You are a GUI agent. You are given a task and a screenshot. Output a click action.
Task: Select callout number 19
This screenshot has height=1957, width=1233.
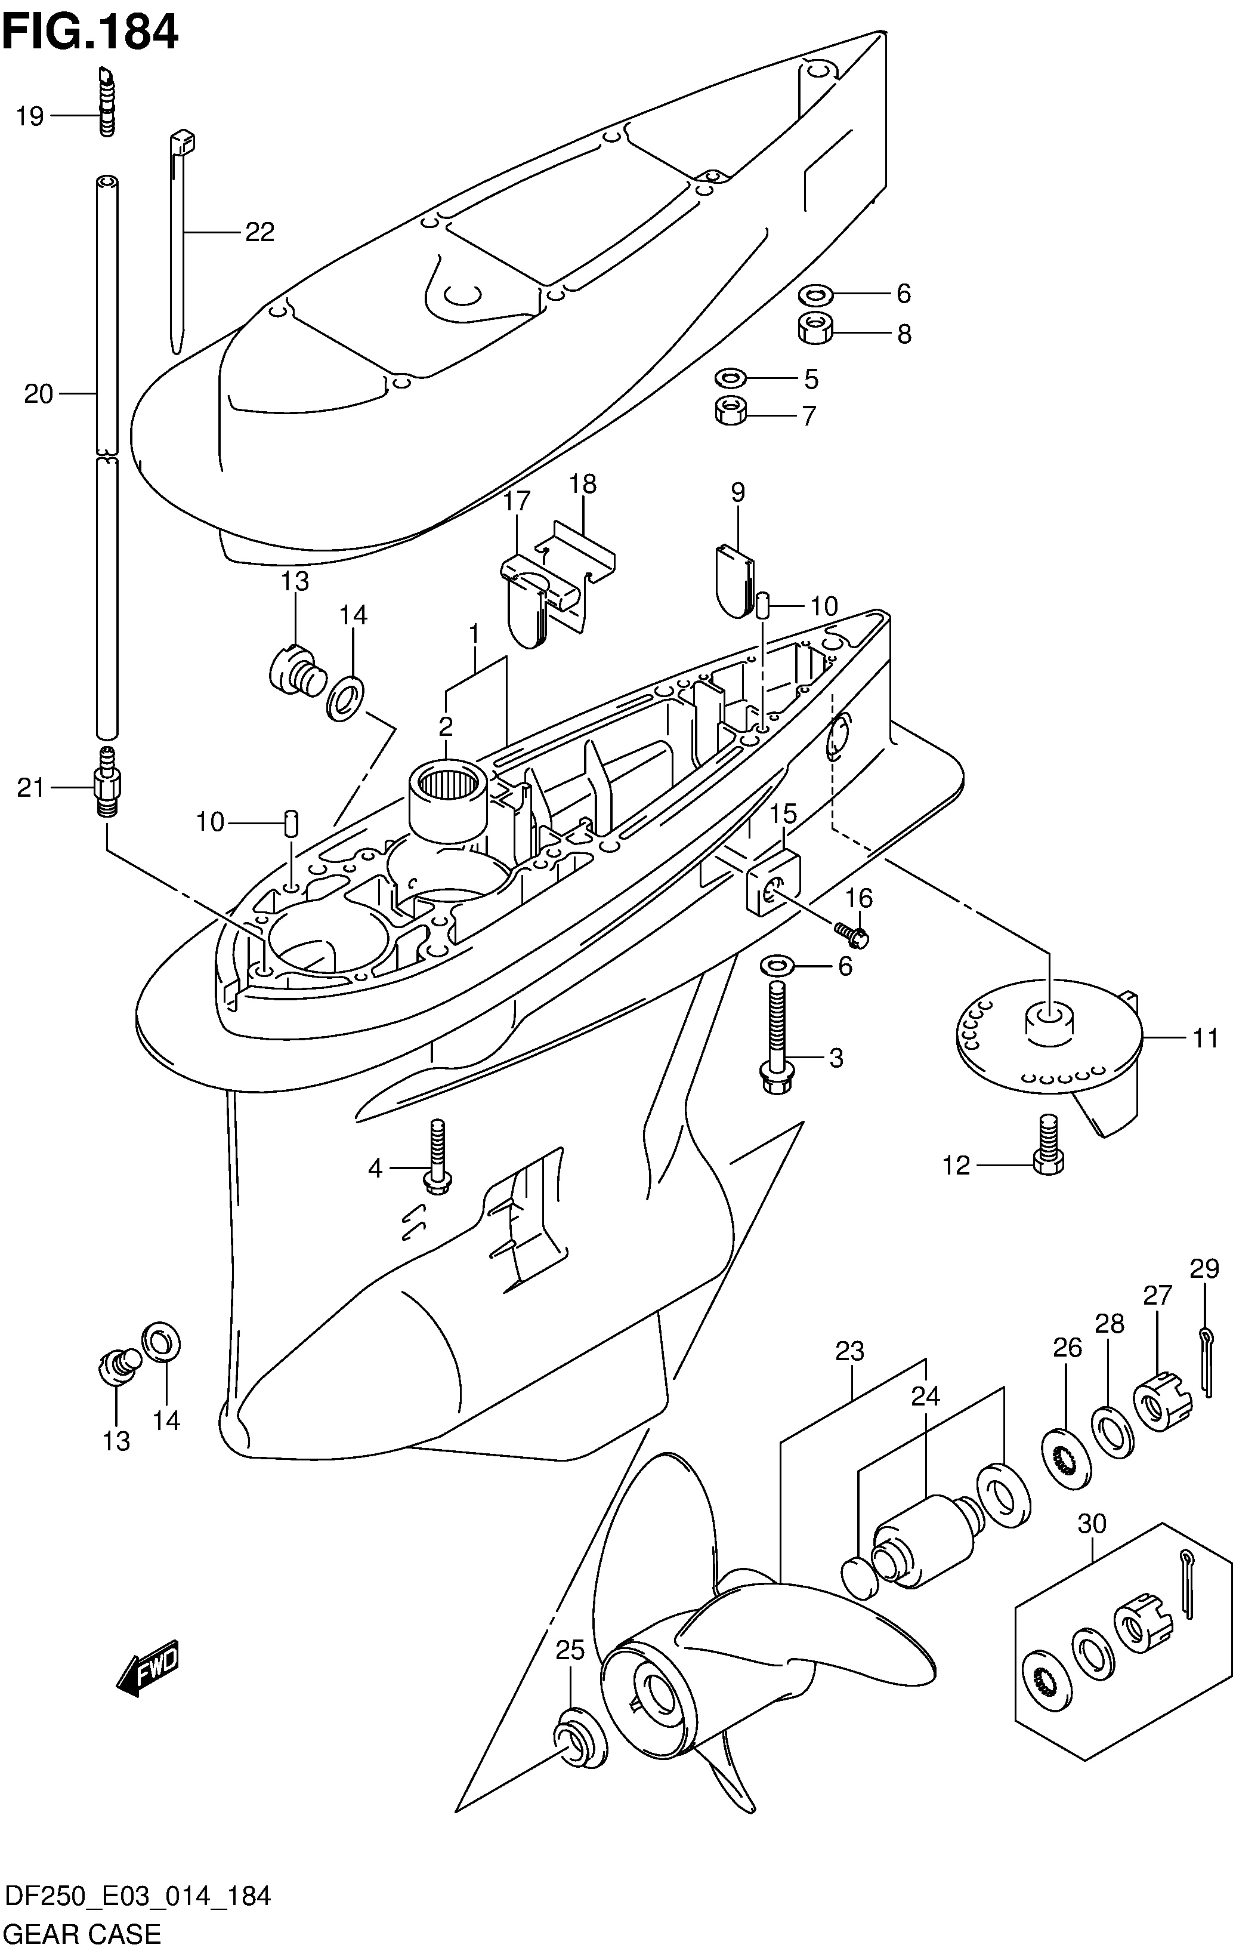tap(29, 116)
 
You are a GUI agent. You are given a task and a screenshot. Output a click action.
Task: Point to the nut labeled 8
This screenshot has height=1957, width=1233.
tap(815, 328)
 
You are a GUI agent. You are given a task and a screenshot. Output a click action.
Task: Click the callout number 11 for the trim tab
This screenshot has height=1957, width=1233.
tap(1206, 1038)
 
